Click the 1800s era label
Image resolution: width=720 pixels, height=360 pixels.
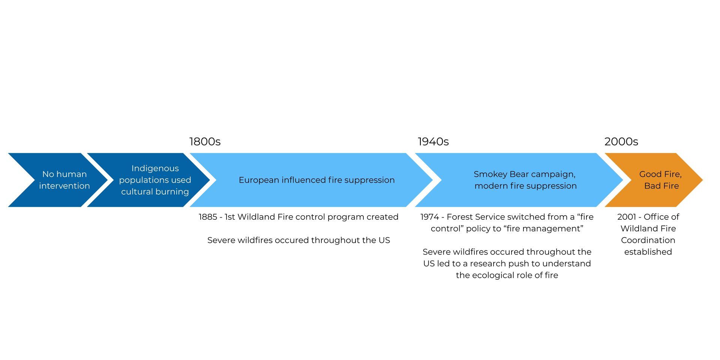[205, 142]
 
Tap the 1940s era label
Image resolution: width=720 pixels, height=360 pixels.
[433, 142]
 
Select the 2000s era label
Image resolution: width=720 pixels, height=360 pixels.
[621, 142]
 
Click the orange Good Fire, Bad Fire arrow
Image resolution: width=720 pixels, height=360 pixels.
[654, 180]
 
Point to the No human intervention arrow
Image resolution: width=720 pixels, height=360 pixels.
[58, 180]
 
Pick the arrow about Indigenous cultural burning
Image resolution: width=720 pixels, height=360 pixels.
[148, 180]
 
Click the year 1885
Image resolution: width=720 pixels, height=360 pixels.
[208, 217]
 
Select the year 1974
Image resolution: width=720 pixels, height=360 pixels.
[430, 217]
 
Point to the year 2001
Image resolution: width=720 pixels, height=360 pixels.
[627, 217]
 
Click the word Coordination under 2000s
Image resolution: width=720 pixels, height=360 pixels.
[648, 240]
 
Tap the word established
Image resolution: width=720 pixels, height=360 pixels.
[648, 252]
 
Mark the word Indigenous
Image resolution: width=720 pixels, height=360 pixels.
[155, 169]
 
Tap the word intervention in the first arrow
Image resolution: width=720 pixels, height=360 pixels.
[64, 186]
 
